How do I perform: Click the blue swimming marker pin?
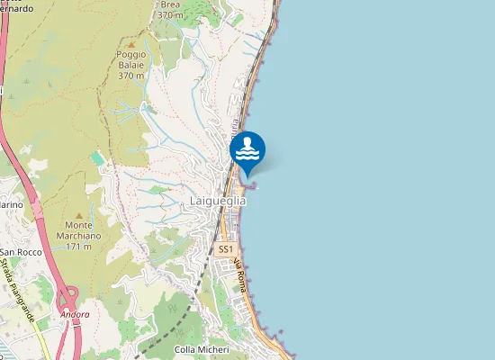(247, 151)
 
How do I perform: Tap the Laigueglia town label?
(218, 202)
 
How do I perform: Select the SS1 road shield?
(226, 248)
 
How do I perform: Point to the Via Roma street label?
(240, 274)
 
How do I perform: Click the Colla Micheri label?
(202, 349)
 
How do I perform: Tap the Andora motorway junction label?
(76, 314)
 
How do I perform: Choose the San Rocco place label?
(21, 252)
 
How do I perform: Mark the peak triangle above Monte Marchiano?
(79, 216)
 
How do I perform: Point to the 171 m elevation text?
(80, 246)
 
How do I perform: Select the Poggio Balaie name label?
(131, 59)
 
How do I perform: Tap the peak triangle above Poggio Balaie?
(131, 43)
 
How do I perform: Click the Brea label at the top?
(169, 4)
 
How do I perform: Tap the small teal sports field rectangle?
(97, 158)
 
